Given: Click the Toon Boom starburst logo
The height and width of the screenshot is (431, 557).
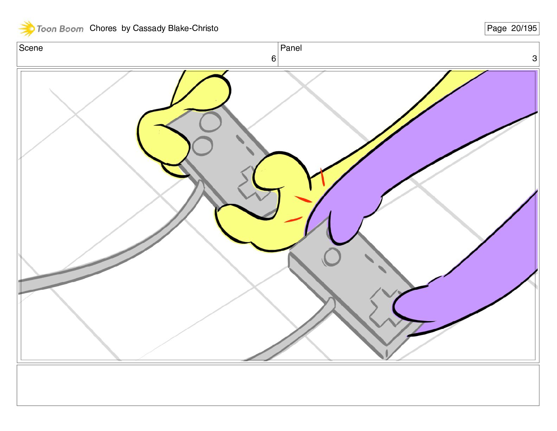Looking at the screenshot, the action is [x=27, y=29].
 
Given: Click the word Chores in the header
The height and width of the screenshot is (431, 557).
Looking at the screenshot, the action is [x=103, y=28].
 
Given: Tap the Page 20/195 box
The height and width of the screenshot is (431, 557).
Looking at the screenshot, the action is [x=512, y=29].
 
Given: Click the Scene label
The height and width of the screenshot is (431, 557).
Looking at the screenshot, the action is [x=31, y=48].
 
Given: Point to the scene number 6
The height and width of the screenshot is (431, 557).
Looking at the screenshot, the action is [x=274, y=59].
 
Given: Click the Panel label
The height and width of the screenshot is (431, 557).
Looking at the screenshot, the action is [x=291, y=48].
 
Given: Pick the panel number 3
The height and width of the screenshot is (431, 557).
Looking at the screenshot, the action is [x=534, y=58].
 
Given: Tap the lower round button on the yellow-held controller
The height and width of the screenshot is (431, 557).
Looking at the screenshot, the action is [x=202, y=146].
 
